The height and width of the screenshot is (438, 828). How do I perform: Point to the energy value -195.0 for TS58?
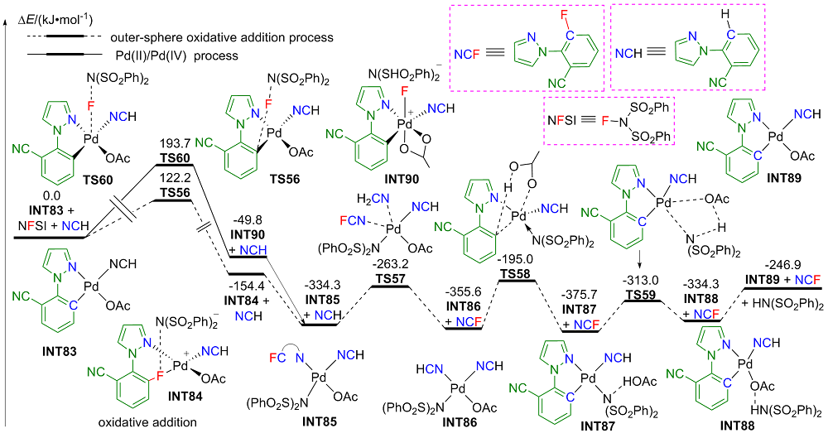point(515,259)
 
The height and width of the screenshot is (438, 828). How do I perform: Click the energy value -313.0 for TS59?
point(641,281)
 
